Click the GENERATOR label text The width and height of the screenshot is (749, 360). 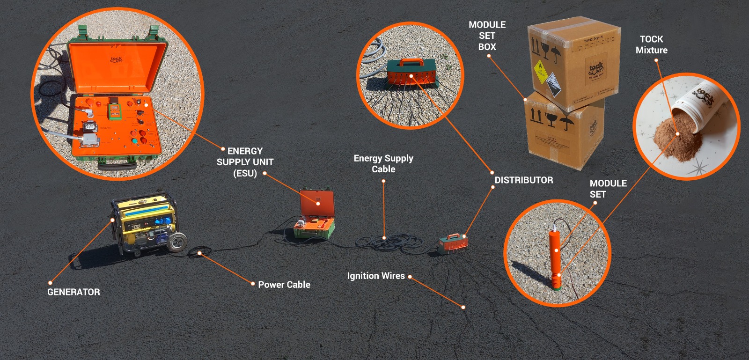(73, 292)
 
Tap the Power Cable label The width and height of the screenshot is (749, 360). (284, 285)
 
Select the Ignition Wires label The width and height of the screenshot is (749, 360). (375, 276)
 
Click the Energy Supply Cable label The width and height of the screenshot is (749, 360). (383, 164)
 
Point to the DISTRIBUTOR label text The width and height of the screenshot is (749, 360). (523, 180)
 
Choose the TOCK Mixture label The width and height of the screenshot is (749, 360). (651, 44)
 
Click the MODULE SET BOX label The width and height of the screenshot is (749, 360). (487, 36)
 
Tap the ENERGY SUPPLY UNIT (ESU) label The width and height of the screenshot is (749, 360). (245, 162)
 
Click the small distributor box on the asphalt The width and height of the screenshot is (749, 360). (453, 244)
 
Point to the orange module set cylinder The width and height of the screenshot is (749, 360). (555, 253)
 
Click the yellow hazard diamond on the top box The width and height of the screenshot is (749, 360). (541, 70)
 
